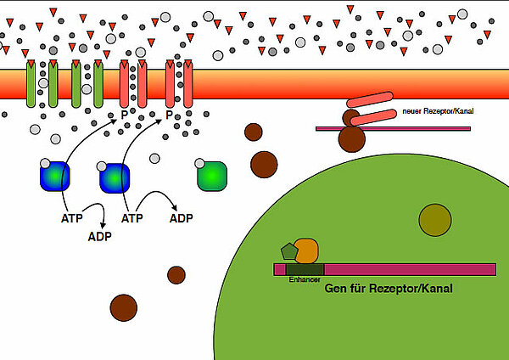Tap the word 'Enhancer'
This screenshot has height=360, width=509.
[304, 278]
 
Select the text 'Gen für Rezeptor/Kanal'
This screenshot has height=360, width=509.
[389, 289]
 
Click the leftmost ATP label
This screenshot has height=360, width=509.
[73, 218]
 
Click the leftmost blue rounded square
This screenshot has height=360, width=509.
[55, 177]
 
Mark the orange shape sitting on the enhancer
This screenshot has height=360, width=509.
[306, 250]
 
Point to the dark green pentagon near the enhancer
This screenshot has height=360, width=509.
[288, 251]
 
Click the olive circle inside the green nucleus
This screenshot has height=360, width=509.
[434, 220]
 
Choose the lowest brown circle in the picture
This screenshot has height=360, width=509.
[124, 306]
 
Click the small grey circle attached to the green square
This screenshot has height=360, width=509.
[200, 162]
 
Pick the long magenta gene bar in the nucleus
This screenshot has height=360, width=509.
[407, 269]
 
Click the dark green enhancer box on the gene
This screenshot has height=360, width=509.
[305, 269]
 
